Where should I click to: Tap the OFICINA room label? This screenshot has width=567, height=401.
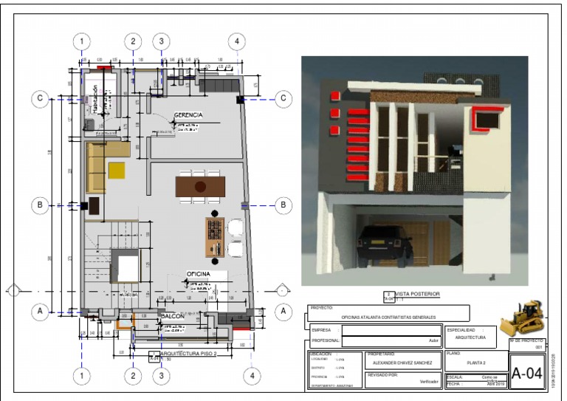pos(199,274)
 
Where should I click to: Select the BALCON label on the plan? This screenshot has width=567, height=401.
pos(172,315)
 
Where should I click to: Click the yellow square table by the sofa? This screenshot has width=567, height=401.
pos(117,171)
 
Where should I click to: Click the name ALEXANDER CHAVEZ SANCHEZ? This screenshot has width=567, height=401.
pos(402,363)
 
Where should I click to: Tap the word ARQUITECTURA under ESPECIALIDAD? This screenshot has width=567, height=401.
pos(470,337)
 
